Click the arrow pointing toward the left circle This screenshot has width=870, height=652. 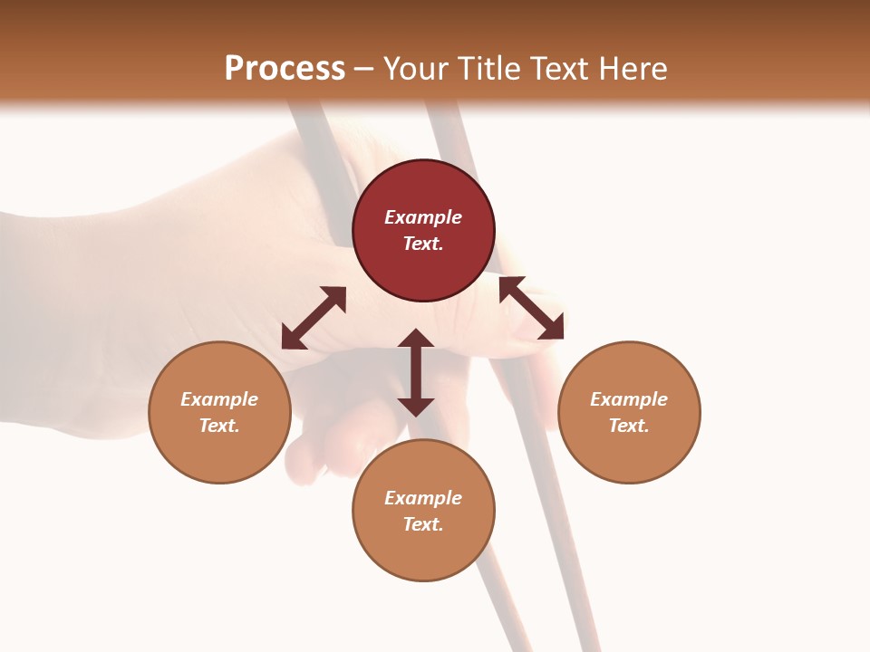tap(314, 318)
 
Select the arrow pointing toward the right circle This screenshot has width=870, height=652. tap(531, 308)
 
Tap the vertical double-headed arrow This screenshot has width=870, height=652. tap(416, 372)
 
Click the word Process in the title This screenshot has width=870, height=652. tap(285, 68)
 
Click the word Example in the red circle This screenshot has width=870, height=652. tap(423, 217)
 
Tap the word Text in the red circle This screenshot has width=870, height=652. tap(423, 244)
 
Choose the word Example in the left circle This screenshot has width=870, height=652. tap(219, 399)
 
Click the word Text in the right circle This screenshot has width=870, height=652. tap(629, 426)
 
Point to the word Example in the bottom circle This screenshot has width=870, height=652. tap(423, 498)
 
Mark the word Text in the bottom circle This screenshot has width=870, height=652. tap(423, 524)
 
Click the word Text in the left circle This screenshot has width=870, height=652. tap(219, 426)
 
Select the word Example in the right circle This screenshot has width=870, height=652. tap(629, 399)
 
